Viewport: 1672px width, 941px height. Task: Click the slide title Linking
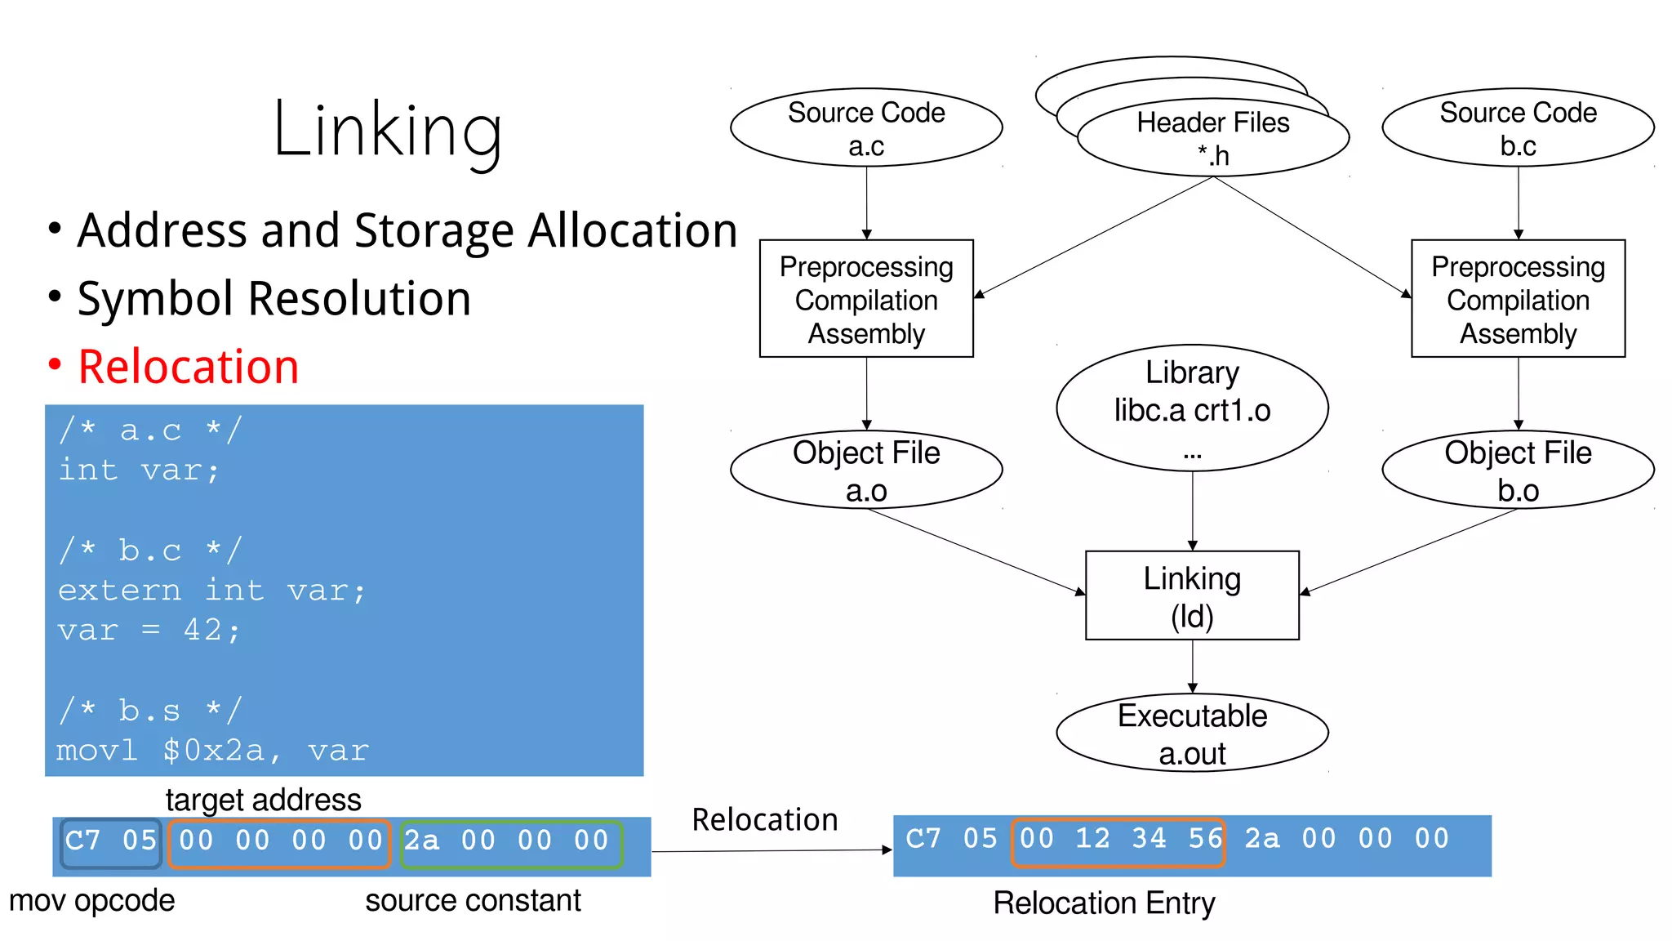(x=387, y=131)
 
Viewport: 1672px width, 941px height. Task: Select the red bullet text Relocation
(x=188, y=367)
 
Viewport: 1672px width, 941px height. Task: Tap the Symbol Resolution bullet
(x=273, y=299)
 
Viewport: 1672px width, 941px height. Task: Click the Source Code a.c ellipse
(x=866, y=128)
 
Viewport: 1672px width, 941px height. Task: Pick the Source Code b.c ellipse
(x=1518, y=128)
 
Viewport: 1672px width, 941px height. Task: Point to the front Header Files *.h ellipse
(x=1213, y=139)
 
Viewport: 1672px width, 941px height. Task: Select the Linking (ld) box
(x=1192, y=595)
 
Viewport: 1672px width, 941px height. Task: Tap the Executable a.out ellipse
(x=1192, y=733)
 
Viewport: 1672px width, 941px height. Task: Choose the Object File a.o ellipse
(x=866, y=470)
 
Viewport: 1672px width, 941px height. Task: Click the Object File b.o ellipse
(x=1518, y=470)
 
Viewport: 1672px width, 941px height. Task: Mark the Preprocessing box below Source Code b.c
(x=1518, y=299)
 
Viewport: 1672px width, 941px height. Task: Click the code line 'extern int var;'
(x=211, y=590)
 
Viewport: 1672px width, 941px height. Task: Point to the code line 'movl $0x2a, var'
(x=212, y=750)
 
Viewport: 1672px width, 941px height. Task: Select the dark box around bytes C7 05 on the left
(x=111, y=842)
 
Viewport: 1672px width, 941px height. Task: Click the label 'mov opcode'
(x=91, y=900)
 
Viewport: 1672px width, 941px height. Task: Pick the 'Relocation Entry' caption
(x=1104, y=903)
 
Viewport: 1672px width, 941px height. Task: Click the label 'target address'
(x=263, y=800)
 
